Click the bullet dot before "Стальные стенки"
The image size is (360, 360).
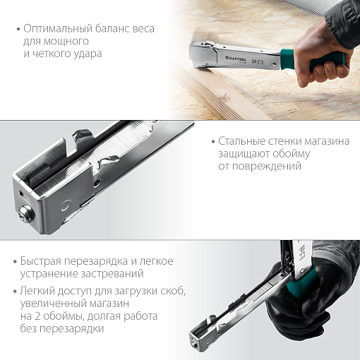coord(212,142)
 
